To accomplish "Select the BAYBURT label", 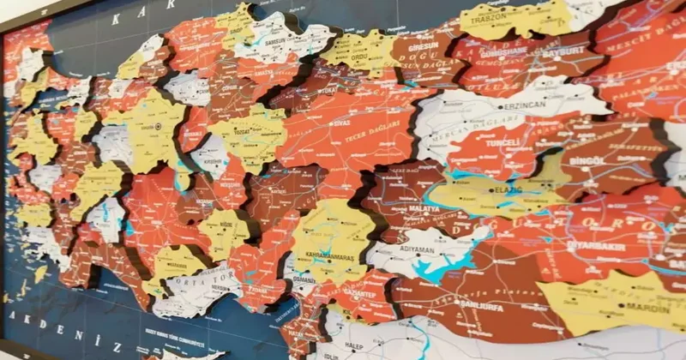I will pyautogui.click(x=563, y=52).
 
